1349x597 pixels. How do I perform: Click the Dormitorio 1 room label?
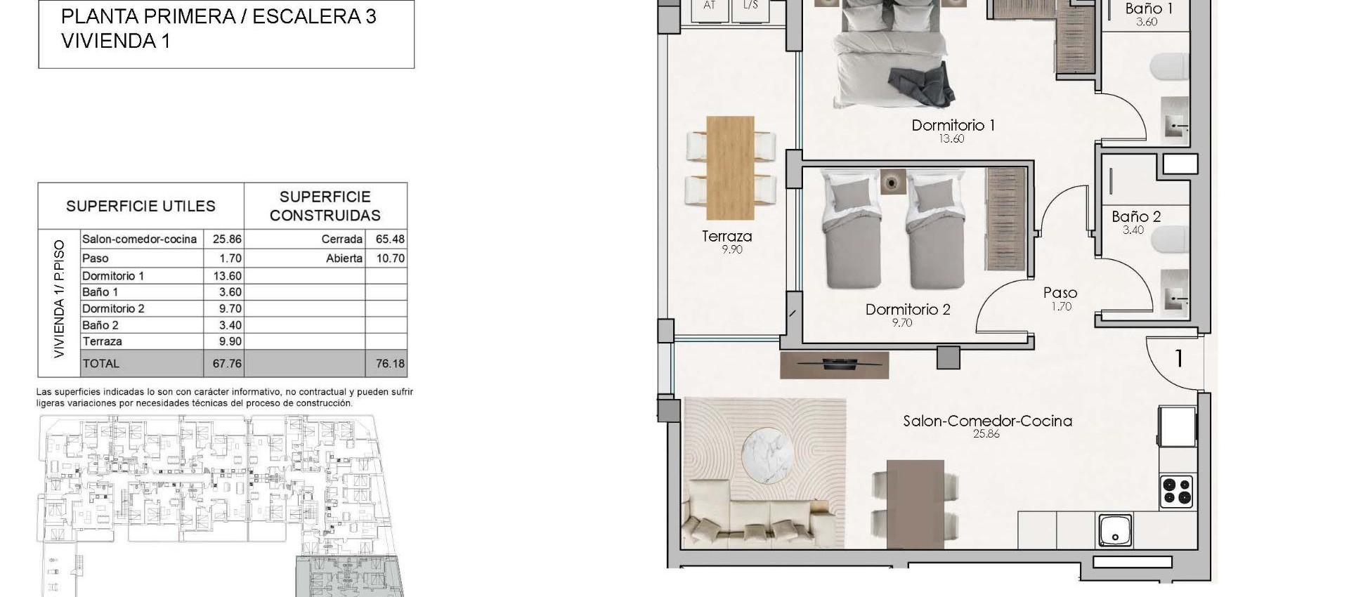[x=953, y=126]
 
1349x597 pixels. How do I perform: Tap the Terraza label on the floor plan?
[x=726, y=237]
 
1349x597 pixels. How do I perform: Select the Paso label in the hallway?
[x=1060, y=293]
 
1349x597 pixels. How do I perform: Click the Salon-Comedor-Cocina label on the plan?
[x=987, y=421]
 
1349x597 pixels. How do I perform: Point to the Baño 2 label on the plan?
[x=1135, y=217]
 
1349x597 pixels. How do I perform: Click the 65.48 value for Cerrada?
[x=390, y=240]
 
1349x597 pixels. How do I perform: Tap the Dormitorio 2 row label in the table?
[x=113, y=308]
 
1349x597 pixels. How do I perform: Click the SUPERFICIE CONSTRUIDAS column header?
[x=325, y=206]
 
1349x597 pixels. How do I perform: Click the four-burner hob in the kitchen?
[x=1176, y=492]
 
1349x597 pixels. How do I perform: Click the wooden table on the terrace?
[x=730, y=167]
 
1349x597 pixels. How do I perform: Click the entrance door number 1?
[x=1179, y=359]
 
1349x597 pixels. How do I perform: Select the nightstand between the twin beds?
[x=892, y=183]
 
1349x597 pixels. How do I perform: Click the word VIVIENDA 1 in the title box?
[x=116, y=41]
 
